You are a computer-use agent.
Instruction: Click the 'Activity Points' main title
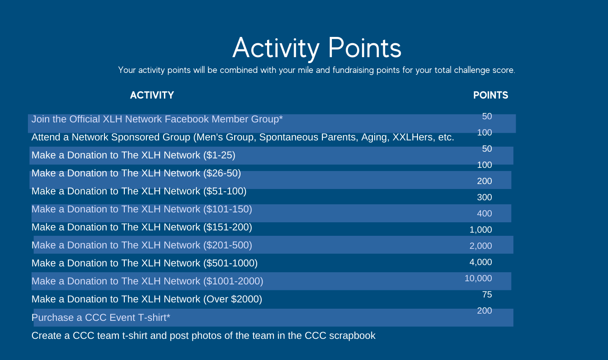pyautogui.click(x=317, y=48)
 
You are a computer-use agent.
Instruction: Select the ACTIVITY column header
pyautogui.click(x=152, y=95)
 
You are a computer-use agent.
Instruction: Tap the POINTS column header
pyautogui.click(x=490, y=95)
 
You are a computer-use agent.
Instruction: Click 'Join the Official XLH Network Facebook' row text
pyautogui.click(x=157, y=119)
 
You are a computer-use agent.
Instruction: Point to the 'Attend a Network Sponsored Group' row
pyautogui.click(x=243, y=137)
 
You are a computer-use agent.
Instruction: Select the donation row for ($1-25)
pyautogui.click(x=133, y=155)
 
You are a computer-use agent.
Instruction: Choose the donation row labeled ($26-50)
pyautogui.click(x=136, y=173)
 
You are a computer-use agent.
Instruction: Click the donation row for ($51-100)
pyautogui.click(x=139, y=191)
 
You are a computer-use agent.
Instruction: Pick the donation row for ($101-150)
pyautogui.click(x=142, y=209)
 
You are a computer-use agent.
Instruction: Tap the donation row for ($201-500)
pyautogui.click(x=142, y=245)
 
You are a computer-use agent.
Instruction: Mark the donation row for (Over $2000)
pyautogui.click(x=147, y=299)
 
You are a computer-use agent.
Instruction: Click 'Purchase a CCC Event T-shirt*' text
pyautogui.click(x=101, y=317)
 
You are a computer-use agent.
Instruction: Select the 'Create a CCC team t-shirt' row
pyautogui.click(x=203, y=336)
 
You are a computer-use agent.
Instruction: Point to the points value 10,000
pyautogui.click(x=478, y=279)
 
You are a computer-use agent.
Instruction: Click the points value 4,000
pyautogui.click(x=481, y=262)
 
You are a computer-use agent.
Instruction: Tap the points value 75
pyautogui.click(x=487, y=294)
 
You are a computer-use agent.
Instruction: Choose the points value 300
pyautogui.click(x=485, y=197)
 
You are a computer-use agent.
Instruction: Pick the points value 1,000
pyautogui.click(x=481, y=230)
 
